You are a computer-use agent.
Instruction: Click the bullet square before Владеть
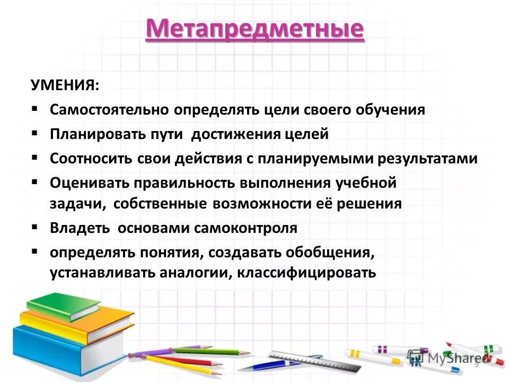[x=34, y=227]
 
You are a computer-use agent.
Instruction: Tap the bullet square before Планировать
[x=34, y=133]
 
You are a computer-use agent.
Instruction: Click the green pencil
[x=212, y=351]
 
